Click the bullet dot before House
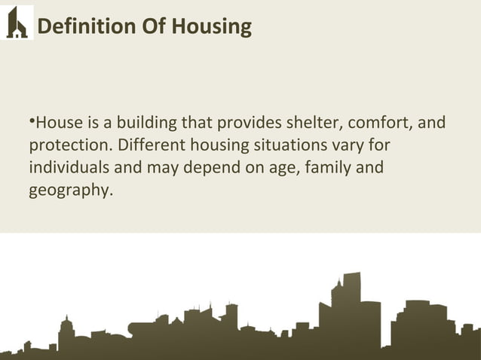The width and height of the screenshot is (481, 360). [x=32, y=119]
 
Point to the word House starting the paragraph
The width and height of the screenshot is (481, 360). [x=57, y=121]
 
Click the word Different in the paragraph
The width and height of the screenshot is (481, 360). [x=146, y=144]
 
